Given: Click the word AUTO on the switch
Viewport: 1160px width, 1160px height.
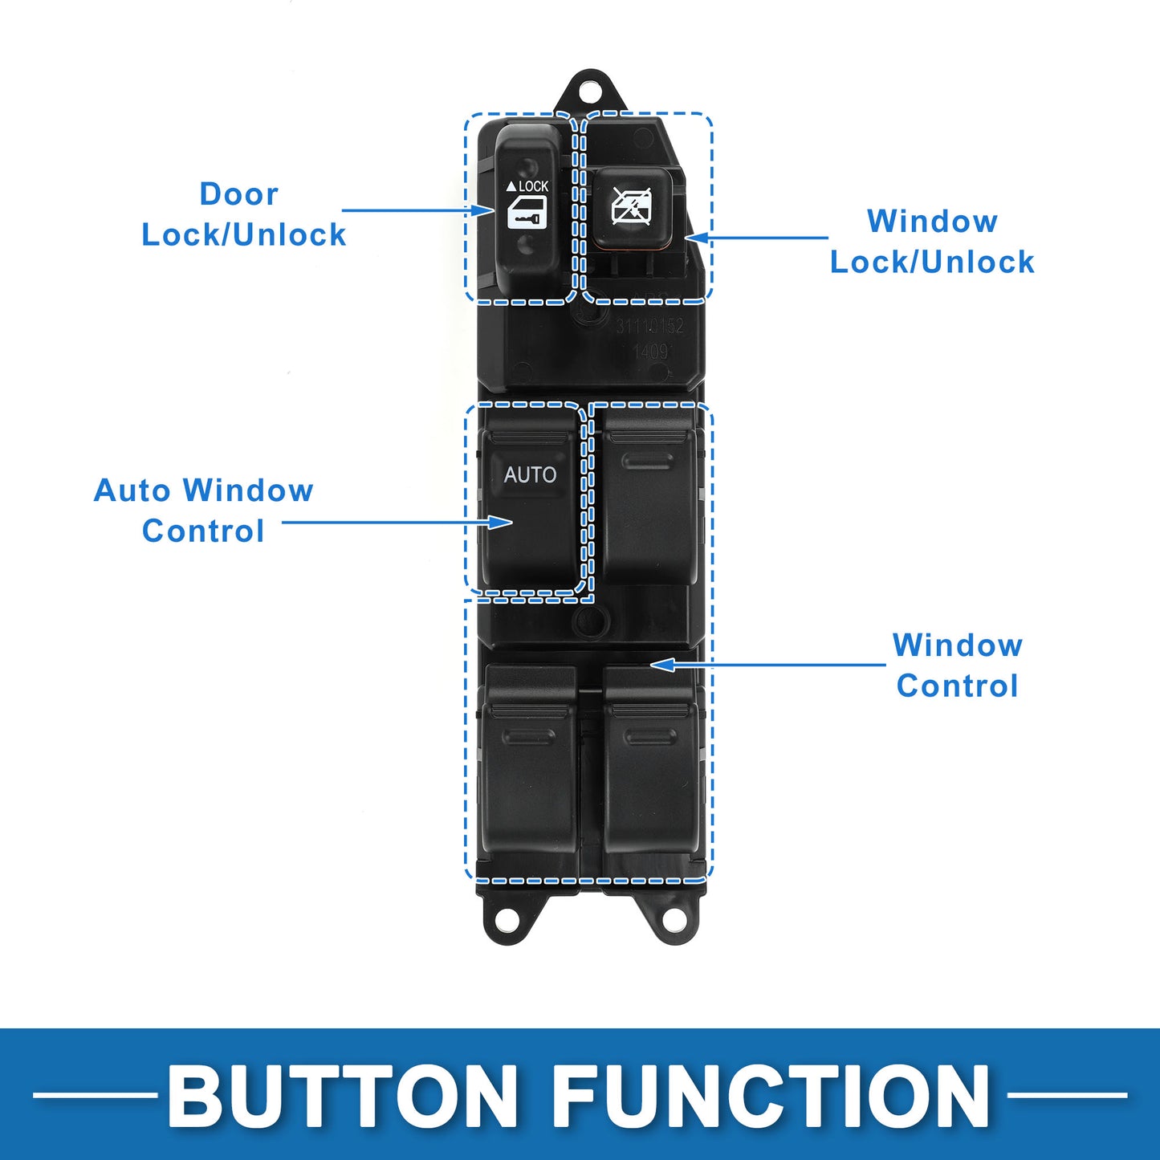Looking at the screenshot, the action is pyautogui.click(x=530, y=475).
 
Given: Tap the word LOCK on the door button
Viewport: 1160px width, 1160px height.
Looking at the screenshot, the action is pyautogui.click(x=533, y=186).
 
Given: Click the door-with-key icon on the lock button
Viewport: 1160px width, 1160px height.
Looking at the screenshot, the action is pyautogui.click(x=527, y=213).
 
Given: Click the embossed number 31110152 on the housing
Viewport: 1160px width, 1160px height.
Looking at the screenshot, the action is pyautogui.click(x=649, y=326).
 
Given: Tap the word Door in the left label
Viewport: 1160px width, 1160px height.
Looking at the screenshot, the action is pyautogui.click(x=239, y=193).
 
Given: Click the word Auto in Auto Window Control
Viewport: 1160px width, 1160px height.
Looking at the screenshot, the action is pyautogui.click(x=132, y=490).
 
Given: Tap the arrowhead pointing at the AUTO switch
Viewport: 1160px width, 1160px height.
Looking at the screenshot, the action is pyautogui.click(x=500, y=522).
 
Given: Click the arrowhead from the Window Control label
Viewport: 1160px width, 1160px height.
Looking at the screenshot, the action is pyautogui.click(x=662, y=665).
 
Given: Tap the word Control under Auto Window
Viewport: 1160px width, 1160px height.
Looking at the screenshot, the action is pyautogui.click(x=203, y=531).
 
